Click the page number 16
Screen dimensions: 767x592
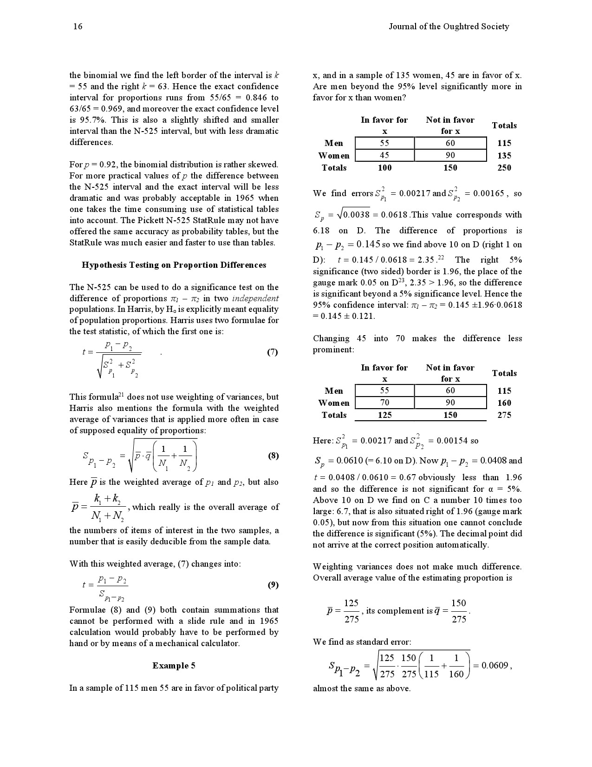[x=78, y=26]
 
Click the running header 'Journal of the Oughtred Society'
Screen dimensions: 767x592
[x=449, y=26]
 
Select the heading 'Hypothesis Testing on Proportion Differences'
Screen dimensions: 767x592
[x=174, y=265]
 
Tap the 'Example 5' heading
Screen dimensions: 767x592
[x=174, y=666]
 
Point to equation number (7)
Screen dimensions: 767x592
[x=273, y=352]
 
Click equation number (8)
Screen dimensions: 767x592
[x=273, y=456]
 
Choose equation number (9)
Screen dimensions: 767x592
[x=273, y=585]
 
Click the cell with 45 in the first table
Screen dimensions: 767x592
[x=384, y=155]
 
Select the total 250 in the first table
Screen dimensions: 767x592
[x=504, y=168]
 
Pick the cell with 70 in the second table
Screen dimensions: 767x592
[x=384, y=403]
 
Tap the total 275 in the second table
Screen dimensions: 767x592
[x=504, y=415]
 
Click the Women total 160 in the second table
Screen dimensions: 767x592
[x=504, y=403]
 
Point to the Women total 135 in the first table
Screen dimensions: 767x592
[x=504, y=156]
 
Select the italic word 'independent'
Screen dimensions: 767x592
[x=255, y=298]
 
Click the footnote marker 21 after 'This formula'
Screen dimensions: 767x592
[x=121, y=395]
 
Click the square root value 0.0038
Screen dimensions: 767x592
[x=357, y=215]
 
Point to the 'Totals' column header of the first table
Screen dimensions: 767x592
[x=504, y=126]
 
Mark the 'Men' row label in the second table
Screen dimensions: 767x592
[x=334, y=391]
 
